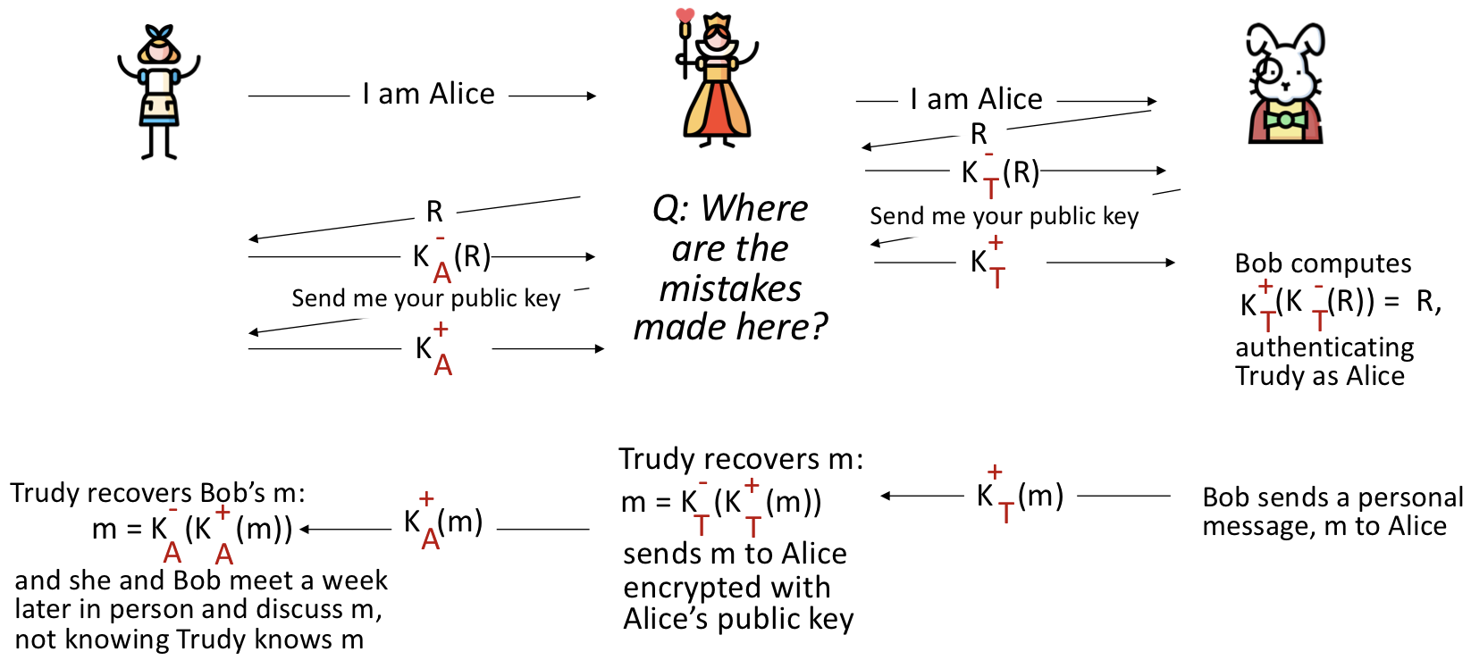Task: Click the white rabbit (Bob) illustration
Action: point(1285,84)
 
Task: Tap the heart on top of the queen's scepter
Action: point(685,15)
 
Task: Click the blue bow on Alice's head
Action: point(160,35)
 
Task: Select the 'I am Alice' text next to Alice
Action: point(428,94)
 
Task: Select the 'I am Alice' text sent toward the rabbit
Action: point(976,99)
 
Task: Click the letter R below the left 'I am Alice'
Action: point(434,212)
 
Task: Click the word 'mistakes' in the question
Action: point(730,288)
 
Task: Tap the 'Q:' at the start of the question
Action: point(671,209)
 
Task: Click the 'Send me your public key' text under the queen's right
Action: point(1004,216)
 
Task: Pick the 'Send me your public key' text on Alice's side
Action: point(425,298)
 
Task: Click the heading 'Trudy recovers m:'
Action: point(741,459)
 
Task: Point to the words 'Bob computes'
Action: point(1323,263)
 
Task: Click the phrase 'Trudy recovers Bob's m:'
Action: point(157,493)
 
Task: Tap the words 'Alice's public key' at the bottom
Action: point(738,619)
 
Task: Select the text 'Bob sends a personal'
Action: point(1332,497)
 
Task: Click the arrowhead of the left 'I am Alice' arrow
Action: point(592,96)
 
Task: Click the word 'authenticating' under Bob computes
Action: point(1324,347)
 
